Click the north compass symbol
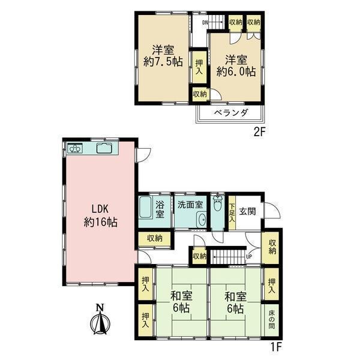point(100,320)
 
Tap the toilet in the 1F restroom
point(218,203)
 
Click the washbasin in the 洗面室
point(202,220)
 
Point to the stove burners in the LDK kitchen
point(75,148)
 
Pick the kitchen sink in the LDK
point(104,148)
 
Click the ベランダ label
point(232,113)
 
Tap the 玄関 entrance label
point(247,211)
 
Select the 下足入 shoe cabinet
point(232,212)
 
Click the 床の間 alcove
point(272,320)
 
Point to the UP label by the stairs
point(249,256)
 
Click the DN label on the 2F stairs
point(205,23)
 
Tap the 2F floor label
point(259,132)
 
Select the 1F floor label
point(275,347)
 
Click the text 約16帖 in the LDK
point(101,222)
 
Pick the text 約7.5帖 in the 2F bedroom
point(163,62)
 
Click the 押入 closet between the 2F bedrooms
point(199,67)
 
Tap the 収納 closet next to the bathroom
point(155,239)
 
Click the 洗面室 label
point(190,205)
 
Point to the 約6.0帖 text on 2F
point(236,72)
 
